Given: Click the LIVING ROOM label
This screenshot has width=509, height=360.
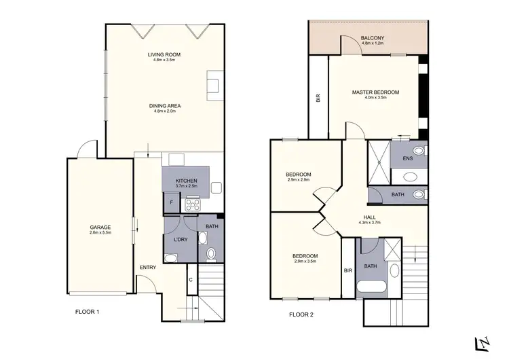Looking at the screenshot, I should coord(164,54).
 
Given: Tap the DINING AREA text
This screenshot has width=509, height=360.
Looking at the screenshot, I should coord(164,105).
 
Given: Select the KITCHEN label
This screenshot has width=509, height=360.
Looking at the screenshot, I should coord(186,181).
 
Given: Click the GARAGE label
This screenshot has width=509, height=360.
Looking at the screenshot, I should coord(100,227).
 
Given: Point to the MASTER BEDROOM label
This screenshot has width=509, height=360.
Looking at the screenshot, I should coord(375,92).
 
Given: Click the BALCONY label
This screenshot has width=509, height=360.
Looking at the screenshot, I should coord(372,37).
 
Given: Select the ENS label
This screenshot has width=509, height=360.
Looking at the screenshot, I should coord(407,158).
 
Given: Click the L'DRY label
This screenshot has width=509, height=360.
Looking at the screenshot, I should coord(180,240).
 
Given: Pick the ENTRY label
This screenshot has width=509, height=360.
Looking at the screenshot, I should coord(148,267).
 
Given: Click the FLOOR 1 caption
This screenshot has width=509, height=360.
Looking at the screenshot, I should coord(88,312).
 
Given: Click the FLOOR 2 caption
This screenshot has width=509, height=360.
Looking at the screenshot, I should coord(302,314).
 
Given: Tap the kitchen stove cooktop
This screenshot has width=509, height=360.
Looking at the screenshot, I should coord(192,202).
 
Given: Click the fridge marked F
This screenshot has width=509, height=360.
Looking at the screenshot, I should coord(171,202).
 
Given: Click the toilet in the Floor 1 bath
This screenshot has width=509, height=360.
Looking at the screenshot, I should coord(210,254).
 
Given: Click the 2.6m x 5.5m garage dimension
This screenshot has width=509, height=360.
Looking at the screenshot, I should coord(100,232).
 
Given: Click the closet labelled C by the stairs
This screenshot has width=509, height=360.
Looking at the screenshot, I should coord(191,278).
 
